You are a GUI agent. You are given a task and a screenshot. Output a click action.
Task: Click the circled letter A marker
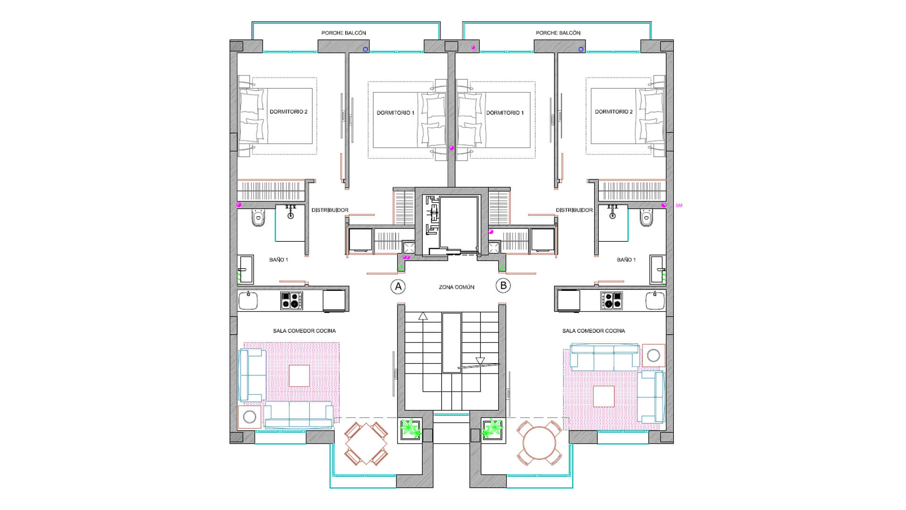tap(398, 286)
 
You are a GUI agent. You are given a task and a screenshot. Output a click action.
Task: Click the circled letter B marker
tap(503, 285)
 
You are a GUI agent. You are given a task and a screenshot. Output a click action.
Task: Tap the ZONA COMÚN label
tap(456, 287)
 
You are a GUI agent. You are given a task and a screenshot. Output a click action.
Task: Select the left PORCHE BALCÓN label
tap(344, 33)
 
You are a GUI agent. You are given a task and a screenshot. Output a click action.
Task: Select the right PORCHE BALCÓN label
tap(558, 33)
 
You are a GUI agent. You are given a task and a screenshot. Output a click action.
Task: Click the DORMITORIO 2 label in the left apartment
tap(288, 112)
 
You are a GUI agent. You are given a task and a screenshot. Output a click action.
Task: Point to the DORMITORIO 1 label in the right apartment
tap(505, 113)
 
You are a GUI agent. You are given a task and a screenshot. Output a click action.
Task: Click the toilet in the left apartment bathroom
tap(258, 218)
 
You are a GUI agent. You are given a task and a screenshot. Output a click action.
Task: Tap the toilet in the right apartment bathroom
tap(647, 218)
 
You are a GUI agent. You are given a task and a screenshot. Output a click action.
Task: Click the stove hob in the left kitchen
tap(292, 300)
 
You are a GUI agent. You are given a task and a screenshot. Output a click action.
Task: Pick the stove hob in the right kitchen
tap(612, 300)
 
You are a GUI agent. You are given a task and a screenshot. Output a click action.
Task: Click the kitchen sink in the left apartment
tap(248, 300)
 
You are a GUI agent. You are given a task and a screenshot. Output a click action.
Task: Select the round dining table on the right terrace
tap(539, 443)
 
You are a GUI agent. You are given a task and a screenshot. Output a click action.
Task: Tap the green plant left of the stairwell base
tap(410, 429)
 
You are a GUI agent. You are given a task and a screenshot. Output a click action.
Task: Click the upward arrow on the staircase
tap(423, 316)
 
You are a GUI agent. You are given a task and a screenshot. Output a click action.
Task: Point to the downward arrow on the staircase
tap(480, 361)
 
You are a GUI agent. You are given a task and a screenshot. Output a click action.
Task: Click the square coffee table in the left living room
tap(299, 376)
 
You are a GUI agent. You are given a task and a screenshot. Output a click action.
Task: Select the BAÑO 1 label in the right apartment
tap(626, 260)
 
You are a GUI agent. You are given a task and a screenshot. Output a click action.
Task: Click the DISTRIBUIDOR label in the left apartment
tap(330, 210)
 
